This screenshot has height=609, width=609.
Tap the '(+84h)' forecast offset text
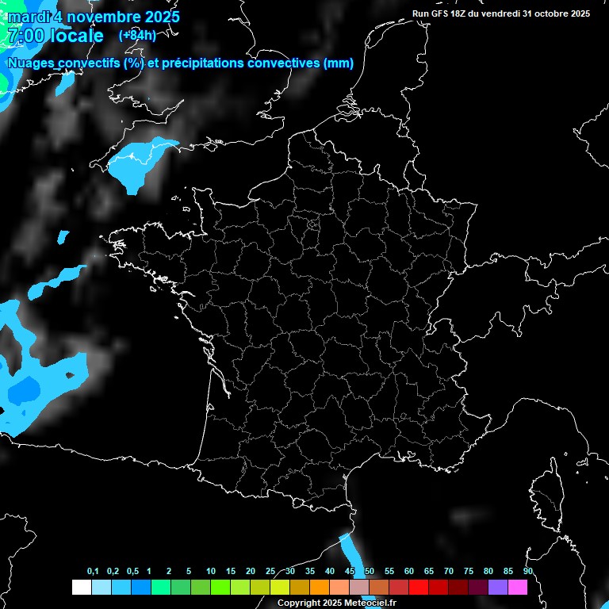pos(137,35)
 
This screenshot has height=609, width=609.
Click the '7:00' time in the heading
pos(25,36)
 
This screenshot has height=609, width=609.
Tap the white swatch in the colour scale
pos(81,588)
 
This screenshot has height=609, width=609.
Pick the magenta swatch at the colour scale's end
pos(518,588)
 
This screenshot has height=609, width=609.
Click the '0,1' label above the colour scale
pos(93,572)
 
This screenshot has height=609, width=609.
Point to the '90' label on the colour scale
pos(527,572)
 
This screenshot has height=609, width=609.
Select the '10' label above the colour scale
pos(210,572)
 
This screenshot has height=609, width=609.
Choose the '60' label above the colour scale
pos(408,572)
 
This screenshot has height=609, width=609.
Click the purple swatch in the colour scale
pos(498,588)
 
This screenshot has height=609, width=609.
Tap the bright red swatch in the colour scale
pos(419,588)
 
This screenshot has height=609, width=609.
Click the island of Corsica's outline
pos(548,485)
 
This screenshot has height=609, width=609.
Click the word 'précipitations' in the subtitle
pos(197,63)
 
